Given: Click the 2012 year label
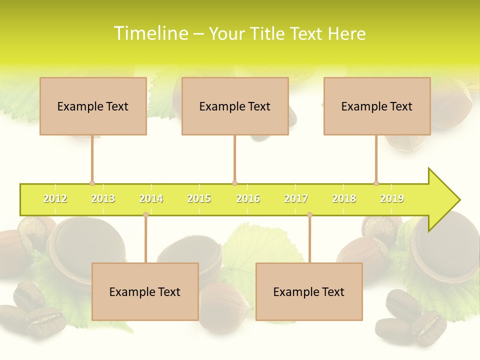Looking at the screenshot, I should [55, 199].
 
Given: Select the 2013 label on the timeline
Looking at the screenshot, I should [103, 199].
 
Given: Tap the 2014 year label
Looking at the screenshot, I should [151, 199].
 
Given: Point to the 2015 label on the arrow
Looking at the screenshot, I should [199, 199].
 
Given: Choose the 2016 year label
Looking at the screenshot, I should [248, 199].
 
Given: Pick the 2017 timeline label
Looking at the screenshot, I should [296, 199].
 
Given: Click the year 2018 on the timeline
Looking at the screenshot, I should [344, 199].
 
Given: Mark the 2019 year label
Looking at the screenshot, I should [392, 199].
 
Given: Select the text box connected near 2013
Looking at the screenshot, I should [93, 106].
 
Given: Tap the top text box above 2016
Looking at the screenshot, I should [235, 106].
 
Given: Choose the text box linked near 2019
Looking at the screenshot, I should [377, 106].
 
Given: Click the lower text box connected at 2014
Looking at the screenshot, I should [145, 291].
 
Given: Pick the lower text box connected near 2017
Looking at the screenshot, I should [309, 291].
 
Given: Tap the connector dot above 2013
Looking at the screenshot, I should [92, 183].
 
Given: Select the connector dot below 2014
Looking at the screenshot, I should [145, 215].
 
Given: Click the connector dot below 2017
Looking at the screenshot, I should [309, 215].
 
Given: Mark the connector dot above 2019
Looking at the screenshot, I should [376, 183].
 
